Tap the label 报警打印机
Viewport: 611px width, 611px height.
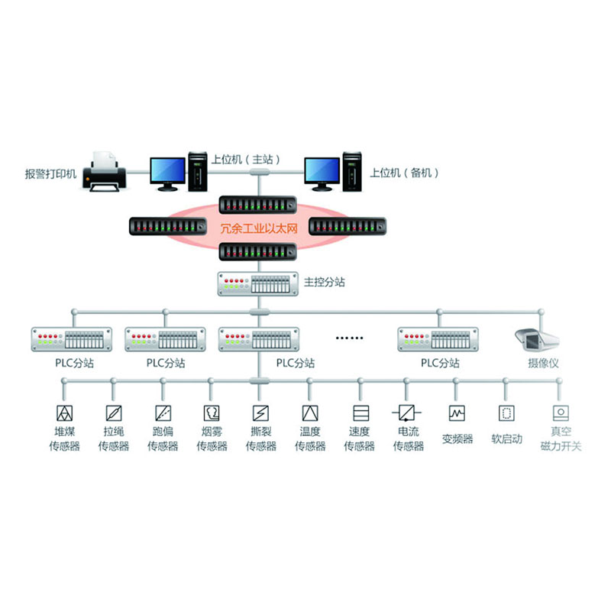(51, 173)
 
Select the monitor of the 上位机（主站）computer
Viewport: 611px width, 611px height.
(166, 172)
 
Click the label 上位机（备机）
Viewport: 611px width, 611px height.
(405, 173)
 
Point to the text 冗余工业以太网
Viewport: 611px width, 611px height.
(257, 228)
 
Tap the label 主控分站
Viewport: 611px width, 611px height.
(325, 283)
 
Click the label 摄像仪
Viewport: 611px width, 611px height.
(543, 364)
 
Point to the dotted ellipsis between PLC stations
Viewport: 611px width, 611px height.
(352, 337)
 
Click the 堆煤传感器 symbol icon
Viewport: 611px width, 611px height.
(63, 413)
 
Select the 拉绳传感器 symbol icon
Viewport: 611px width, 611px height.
(113, 413)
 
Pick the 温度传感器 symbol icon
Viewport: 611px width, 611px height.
(309, 413)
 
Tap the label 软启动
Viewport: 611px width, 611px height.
(506, 439)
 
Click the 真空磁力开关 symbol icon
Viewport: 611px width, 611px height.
(561, 413)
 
